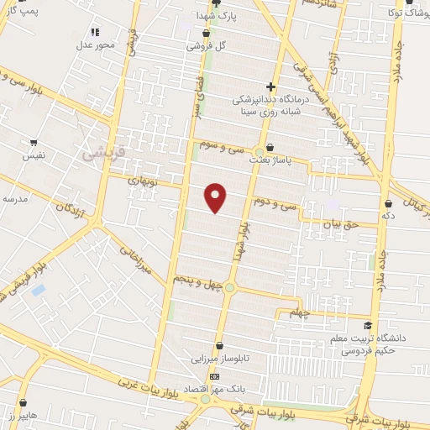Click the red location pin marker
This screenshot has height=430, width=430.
[217, 197]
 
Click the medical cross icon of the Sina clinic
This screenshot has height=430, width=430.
[270, 87]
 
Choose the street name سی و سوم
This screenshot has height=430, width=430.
[222, 147]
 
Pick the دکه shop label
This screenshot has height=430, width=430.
[387, 216]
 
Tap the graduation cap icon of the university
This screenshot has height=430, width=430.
[366, 325]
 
